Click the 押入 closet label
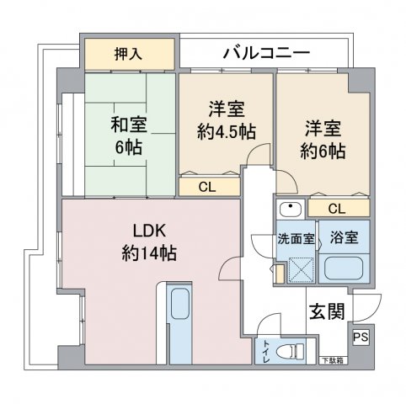[128, 54]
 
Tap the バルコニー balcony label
[266, 53]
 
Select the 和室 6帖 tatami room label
[129, 136]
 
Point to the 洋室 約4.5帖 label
[227, 121]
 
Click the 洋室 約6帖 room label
[323, 141]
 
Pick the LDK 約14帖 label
[149, 243]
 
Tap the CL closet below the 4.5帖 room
[207, 187]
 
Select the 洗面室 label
[296, 238]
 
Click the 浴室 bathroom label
[345, 237]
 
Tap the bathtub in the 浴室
[344, 268]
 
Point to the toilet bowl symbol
[290, 351]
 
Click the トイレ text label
[265, 351]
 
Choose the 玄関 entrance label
[327, 311]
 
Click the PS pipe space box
[361, 337]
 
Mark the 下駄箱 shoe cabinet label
[333, 361]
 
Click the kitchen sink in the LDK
[180, 304]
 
